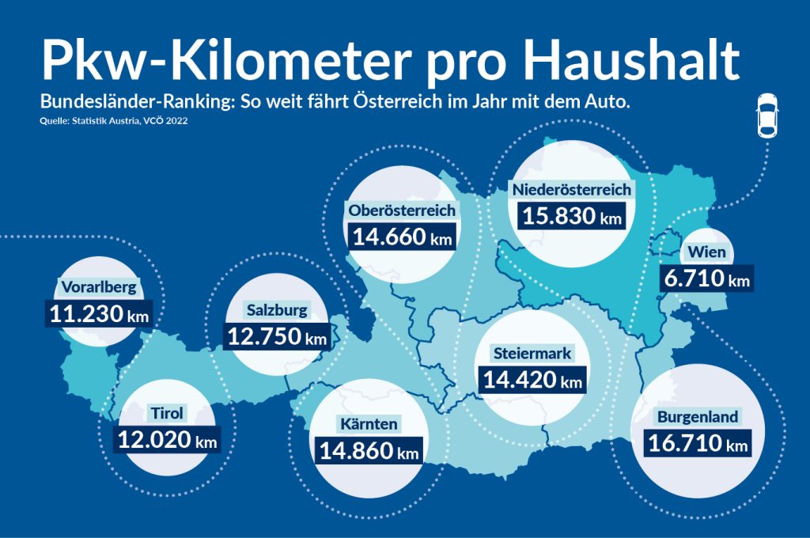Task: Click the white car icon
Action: point(766,117)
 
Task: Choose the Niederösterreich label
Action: point(571,190)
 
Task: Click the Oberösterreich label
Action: point(402,210)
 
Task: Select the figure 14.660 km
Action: point(402,237)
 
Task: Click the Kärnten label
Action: point(369,424)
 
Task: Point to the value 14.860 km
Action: point(369,451)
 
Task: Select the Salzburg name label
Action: point(276,310)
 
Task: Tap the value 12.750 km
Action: point(276,337)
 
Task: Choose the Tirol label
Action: point(167,413)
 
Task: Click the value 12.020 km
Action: point(167,439)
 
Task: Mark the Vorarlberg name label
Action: point(99,287)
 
